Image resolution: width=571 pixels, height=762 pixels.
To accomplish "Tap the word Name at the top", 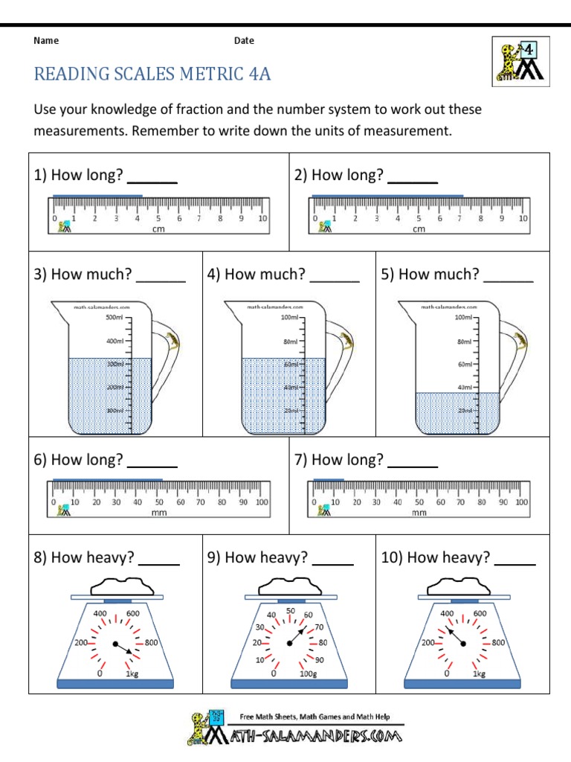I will (46, 41).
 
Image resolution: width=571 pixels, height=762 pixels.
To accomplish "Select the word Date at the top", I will (244, 41).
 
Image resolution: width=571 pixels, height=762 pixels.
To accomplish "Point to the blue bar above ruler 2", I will (387, 196).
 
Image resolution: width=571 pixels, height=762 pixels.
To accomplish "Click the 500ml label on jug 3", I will (114, 318).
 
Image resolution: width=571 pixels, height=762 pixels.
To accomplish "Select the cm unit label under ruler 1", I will (158, 229).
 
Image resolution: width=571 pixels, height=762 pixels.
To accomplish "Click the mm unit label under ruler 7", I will (419, 513).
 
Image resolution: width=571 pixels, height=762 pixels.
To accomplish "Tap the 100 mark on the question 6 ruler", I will (262, 502).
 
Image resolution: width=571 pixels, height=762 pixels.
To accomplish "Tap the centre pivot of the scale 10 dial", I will (462, 643).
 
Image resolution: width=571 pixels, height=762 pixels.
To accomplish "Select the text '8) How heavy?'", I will (83, 557).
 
